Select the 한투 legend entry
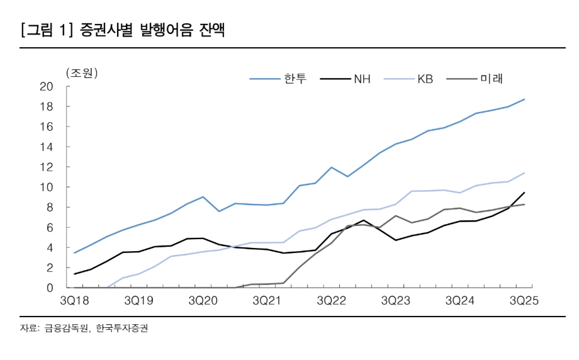pyautogui.click(x=291, y=79)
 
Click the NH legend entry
pyautogui.click(x=361, y=79)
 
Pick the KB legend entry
pyautogui.click(x=425, y=79)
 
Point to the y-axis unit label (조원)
pyautogui.click(x=82, y=73)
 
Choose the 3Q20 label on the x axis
pyautogui.click(x=203, y=301)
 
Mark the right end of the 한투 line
pyautogui.click(x=524, y=99)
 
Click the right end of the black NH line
pyautogui.click(x=524, y=193)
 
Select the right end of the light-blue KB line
pyautogui.click(x=524, y=173)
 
